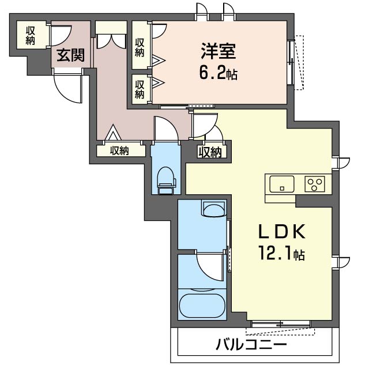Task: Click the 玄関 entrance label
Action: [70, 56]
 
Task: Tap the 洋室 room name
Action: [218, 51]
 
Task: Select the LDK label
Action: [282, 231]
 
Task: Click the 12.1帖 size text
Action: [281, 253]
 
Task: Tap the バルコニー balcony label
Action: [251, 345]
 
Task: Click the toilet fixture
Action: [167, 180]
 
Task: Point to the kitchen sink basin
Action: [282, 184]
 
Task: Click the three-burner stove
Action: [315, 184]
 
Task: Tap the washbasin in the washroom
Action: [214, 209]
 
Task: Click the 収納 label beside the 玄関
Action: [31, 35]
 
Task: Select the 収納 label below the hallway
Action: [120, 150]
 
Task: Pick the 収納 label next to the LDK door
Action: [210, 152]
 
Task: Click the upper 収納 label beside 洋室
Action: [140, 47]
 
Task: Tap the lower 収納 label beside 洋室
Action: [140, 89]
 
